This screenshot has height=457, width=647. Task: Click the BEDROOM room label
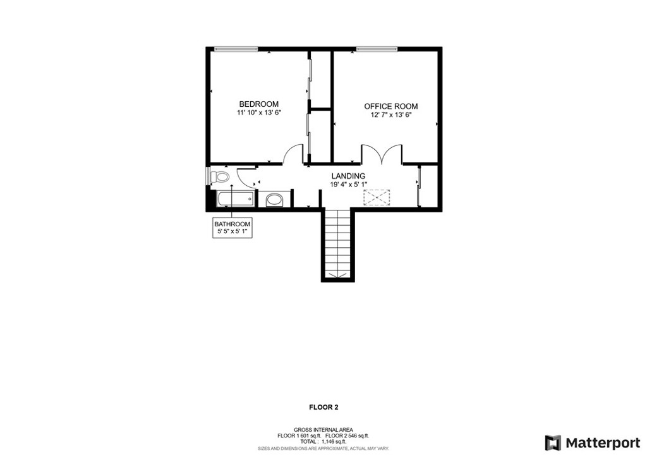(258, 104)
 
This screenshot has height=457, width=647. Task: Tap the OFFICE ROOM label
(390, 107)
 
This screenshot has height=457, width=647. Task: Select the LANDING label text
(348, 176)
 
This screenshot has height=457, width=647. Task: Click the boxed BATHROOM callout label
(233, 228)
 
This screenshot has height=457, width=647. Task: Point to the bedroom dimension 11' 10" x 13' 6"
(258, 113)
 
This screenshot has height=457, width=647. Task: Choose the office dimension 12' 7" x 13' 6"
(390, 115)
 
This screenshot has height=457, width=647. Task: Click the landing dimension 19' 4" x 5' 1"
(348, 185)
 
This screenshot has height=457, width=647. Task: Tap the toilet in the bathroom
(219, 177)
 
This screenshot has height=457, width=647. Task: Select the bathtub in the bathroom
(235, 199)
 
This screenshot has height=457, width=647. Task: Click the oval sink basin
(274, 200)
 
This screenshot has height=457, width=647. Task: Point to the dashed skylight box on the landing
(377, 197)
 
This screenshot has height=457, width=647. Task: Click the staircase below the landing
(338, 245)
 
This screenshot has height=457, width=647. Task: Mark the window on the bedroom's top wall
(236, 49)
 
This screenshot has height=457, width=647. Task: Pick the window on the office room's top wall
(377, 49)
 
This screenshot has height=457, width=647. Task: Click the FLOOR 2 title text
(323, 407)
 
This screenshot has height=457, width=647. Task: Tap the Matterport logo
(593, 442)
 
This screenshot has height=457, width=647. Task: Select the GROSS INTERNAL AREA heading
(323, 430)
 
